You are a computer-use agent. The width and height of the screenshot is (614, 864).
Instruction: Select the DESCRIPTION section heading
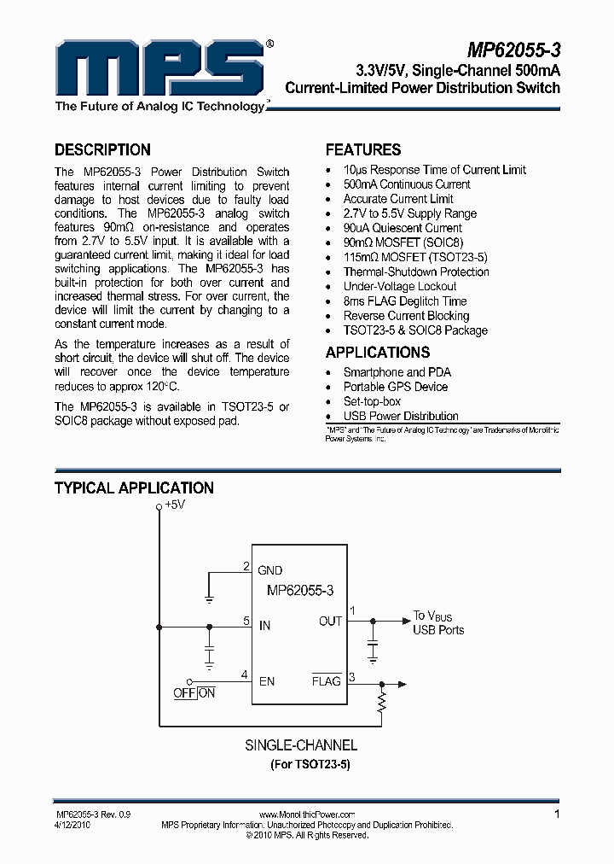102,149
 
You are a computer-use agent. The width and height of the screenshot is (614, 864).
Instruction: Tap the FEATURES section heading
363,149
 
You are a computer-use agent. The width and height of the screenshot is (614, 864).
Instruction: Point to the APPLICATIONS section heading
377,353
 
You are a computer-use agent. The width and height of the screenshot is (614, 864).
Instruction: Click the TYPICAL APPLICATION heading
134,488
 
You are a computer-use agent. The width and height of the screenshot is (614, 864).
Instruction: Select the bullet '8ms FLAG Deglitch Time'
405,301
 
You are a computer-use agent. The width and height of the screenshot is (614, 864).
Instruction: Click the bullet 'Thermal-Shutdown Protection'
416,272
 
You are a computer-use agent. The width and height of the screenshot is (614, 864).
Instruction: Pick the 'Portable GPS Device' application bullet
395,387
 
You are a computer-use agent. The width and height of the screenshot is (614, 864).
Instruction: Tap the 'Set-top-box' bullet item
372,401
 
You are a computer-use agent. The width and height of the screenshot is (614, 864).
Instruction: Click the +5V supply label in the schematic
174,505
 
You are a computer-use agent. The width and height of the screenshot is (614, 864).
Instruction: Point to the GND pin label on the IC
269,570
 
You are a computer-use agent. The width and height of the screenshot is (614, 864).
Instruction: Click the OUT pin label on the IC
330,621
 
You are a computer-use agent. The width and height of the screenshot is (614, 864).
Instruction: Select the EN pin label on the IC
267,681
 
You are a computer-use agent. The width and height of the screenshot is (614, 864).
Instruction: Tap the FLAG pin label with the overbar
326,681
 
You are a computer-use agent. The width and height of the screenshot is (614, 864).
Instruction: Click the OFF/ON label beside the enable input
194,693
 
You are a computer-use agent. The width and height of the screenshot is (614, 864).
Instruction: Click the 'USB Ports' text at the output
438,630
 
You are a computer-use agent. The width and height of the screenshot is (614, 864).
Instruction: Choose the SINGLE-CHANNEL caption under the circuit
301,745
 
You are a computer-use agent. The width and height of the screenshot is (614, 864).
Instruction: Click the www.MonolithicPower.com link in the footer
306,815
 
